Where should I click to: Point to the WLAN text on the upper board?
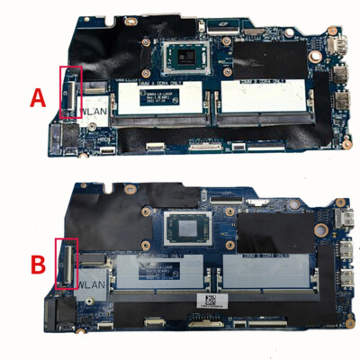[69, 112]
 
